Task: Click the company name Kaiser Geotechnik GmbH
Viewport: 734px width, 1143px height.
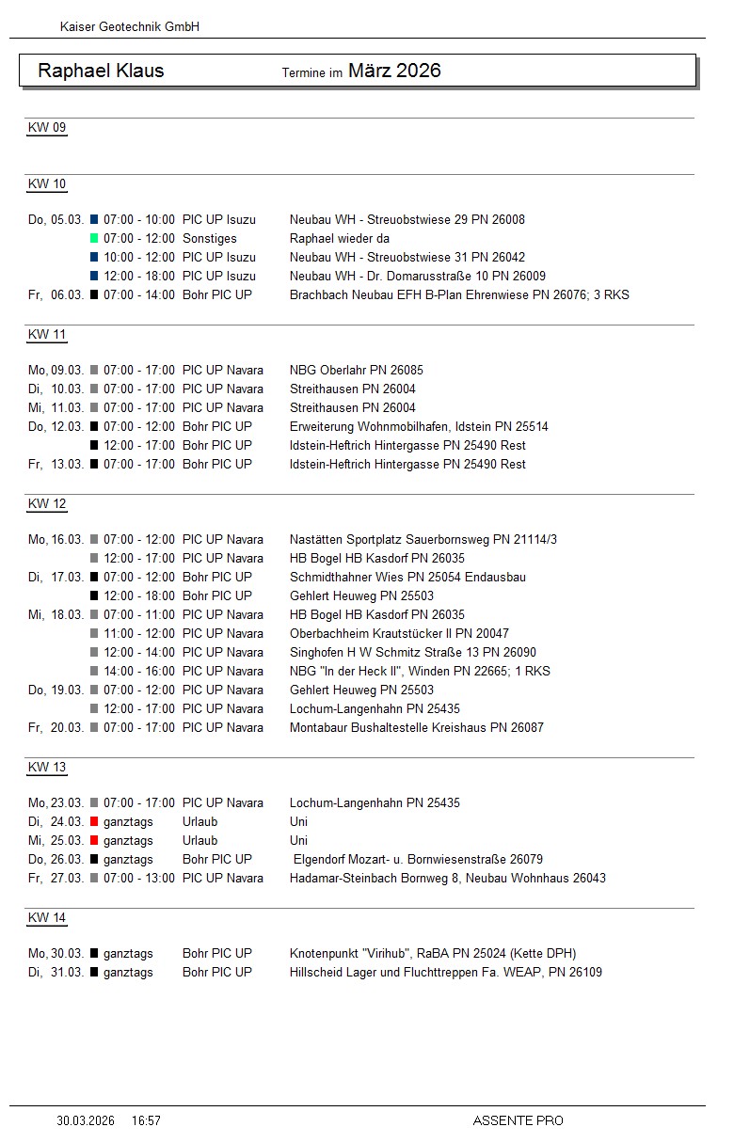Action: pos(129,27)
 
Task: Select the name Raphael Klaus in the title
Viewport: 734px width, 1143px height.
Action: pos(101,71)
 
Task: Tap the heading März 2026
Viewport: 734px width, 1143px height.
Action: pos(394,71)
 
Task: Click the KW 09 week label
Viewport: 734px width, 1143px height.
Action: pos(47,128)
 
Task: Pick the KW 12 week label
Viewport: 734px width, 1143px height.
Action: pos(47,504)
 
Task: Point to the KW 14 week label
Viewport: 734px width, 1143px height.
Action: pos(47,918)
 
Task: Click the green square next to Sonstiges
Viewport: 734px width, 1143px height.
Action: pos(94,239)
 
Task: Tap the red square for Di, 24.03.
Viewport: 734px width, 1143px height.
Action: pos(94,822)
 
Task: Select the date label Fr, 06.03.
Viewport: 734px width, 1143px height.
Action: pos(56,295)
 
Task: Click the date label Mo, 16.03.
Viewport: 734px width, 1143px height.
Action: pos(56,540)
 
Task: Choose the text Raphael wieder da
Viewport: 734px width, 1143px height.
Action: pos(339,239)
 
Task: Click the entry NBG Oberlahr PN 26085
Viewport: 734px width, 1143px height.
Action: pos(356,371)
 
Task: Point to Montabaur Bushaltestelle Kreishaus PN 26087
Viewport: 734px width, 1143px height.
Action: pos(416,728)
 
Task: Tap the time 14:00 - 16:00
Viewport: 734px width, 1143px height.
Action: pos(138,672)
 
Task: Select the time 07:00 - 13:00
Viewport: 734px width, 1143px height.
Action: pos(138,879)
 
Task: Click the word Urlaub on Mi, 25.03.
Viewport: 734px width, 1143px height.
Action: pos(199,841)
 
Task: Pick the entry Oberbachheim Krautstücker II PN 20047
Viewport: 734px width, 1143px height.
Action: pos(399,634)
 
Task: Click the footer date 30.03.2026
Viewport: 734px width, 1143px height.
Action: pos(86,1120)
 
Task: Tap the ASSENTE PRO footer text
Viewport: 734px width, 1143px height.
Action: pos(518,1120)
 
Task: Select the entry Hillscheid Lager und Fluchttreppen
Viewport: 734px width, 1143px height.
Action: pos(445,973)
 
